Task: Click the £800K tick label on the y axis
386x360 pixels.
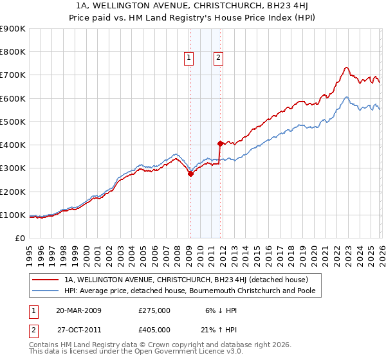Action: (13, 52)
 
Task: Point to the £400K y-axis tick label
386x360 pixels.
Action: (13, 145)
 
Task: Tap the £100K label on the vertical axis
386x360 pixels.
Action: (13, 215)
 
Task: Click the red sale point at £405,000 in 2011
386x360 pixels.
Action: (220, 143)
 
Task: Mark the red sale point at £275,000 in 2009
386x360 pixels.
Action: (190, 174)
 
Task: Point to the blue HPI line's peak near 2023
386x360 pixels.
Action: (346, 97)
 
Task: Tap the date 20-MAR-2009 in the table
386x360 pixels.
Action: (78, 310)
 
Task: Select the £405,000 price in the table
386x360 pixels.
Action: (154, 329)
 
